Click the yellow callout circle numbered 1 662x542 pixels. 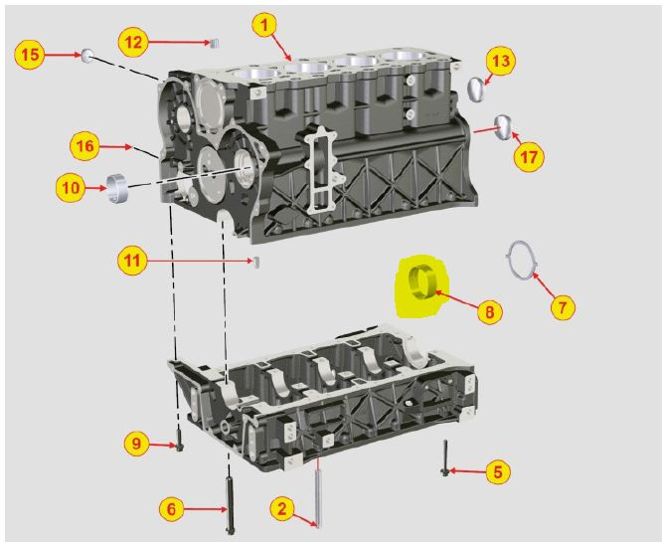(x=264, y=25)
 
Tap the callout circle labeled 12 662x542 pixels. (x=133, y=42)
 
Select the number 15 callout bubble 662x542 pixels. (x=30, y=54)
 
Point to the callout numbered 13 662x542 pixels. (x=501, y=61)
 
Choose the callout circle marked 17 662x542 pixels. (x=529, y=157)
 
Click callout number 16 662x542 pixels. (x=84, y=146)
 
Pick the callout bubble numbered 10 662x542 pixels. (x=71, y=187)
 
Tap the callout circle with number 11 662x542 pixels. (x=132, y=261)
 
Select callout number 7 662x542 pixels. (x=563, y=306)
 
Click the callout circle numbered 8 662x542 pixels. (x=489, y=311)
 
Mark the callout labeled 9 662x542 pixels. (x=136, y=444)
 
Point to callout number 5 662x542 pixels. (x=498, y=471)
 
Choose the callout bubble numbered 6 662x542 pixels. (x=171, y=508)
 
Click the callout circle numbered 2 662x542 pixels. (x=282, y=508)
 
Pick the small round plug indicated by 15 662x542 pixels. (x=87, y=56)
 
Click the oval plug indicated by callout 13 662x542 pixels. (x=477, y=90)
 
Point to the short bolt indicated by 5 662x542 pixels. (x=445, y=457)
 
